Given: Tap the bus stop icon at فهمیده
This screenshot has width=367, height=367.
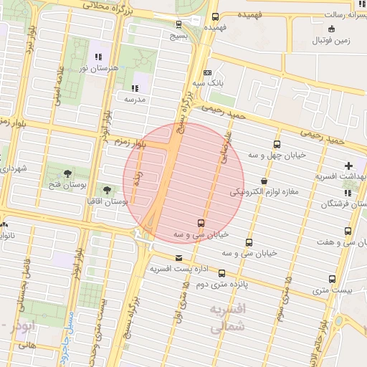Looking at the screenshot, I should point(216,17).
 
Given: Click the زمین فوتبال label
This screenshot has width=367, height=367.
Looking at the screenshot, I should point(330,40).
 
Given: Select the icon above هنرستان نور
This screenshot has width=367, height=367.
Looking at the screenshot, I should point(98,56).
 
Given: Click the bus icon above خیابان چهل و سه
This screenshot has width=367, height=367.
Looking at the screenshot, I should point(279,141).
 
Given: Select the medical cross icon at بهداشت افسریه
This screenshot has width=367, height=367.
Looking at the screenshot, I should point(350,166).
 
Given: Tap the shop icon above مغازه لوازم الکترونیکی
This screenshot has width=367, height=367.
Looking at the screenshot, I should point(265,181).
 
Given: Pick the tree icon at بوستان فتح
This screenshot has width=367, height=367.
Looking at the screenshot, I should point(67,173).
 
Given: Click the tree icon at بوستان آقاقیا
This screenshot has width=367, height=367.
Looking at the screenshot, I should point(107,191).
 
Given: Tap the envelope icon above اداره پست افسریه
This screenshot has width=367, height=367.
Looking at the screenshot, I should point(178,258).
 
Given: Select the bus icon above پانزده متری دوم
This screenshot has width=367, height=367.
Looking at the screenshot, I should point(221,272).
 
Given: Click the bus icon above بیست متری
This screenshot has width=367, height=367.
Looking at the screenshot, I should point(332,279).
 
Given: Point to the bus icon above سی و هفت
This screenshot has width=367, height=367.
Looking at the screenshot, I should point(348,232).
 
